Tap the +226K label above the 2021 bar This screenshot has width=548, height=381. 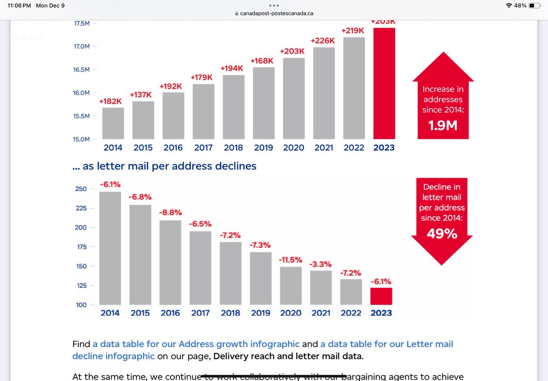(x=322, y=41)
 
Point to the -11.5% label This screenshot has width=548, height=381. (x=290, y=259)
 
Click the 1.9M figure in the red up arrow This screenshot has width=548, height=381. (x=443, y=125)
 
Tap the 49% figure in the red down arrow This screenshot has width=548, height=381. (x=442, y=234)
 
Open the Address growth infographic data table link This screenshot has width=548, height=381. (x=196, y=344)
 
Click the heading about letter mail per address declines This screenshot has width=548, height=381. (x=164, y=166)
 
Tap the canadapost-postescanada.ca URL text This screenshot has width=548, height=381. (x=277, y=13)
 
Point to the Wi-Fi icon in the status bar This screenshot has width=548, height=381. (x=509, y=5)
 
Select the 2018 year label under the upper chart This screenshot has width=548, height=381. (x=233, y=148)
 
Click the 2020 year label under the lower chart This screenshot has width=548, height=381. (x=290, y=313)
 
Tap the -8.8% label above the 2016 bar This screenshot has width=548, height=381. (x=170, y=212)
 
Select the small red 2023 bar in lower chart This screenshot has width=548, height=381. (x=381, y=296)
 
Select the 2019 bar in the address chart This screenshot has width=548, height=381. (x=263, y=103)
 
